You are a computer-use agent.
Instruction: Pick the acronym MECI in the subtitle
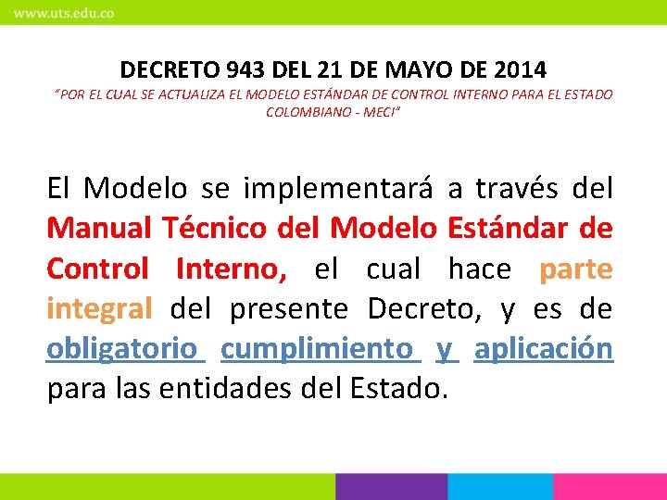[382, 112]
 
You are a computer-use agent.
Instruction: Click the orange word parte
[575, 269]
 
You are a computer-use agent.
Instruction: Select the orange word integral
[99, 308]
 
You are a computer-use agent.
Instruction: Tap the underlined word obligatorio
[122, 348]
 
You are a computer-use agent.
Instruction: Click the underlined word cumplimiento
[318, 348]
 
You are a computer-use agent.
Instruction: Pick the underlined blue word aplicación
[544, 348]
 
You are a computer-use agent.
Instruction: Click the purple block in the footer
[391, 487]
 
